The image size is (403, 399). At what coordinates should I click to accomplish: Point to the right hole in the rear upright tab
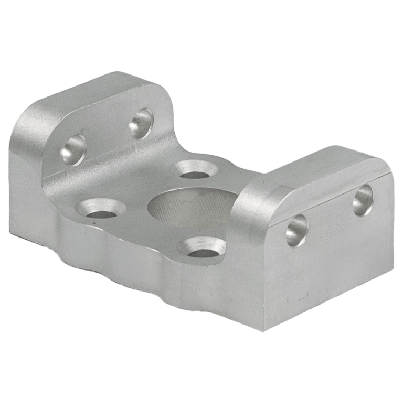click(x=141, y=122)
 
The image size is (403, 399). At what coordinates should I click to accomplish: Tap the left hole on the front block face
click(x=296, y=231)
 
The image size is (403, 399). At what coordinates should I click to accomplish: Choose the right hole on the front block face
click(x=363, y=200)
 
